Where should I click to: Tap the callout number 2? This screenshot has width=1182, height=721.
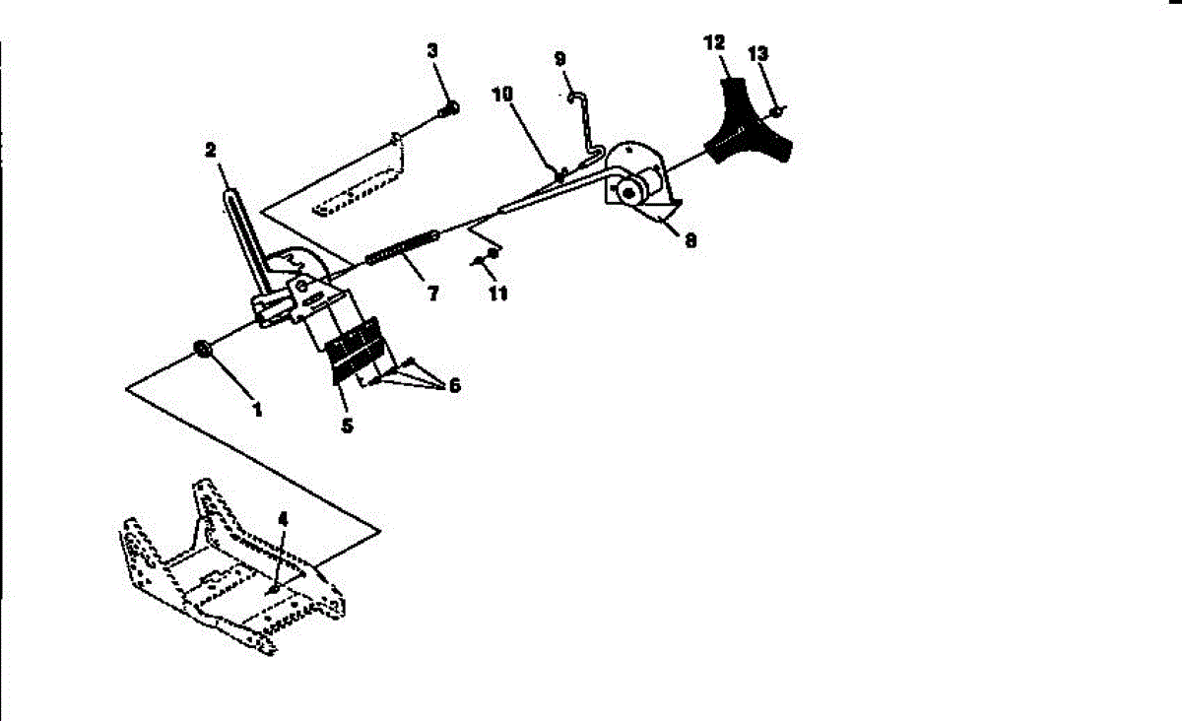click(x=210, y=150)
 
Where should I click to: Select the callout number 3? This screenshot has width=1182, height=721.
click(x=432, y=50)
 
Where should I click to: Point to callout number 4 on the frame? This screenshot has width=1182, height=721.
click(x=283, y=517)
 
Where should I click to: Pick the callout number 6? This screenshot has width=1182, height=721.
click(x=454, y=385)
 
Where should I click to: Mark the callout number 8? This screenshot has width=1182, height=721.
click(x=690, y=239)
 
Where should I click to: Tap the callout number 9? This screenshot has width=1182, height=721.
click(x=560, y=58)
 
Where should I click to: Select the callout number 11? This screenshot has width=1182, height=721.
click(x=498, y=294)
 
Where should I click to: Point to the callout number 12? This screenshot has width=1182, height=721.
click(x=714, y=42)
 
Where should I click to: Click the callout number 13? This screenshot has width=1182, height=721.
click(x=758, y=54)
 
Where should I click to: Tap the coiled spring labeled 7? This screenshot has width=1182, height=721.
click(x=402, y=247)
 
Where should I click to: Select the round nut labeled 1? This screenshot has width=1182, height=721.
click(x=204, y=349)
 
